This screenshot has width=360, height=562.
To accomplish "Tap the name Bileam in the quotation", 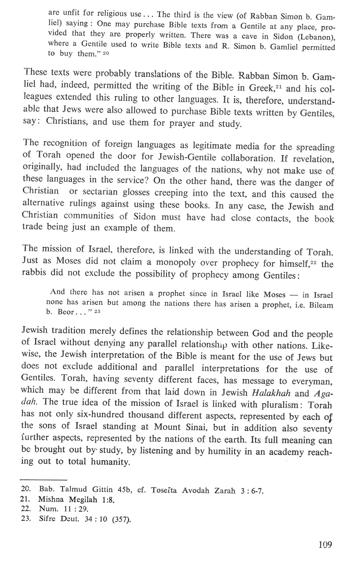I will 320,305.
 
